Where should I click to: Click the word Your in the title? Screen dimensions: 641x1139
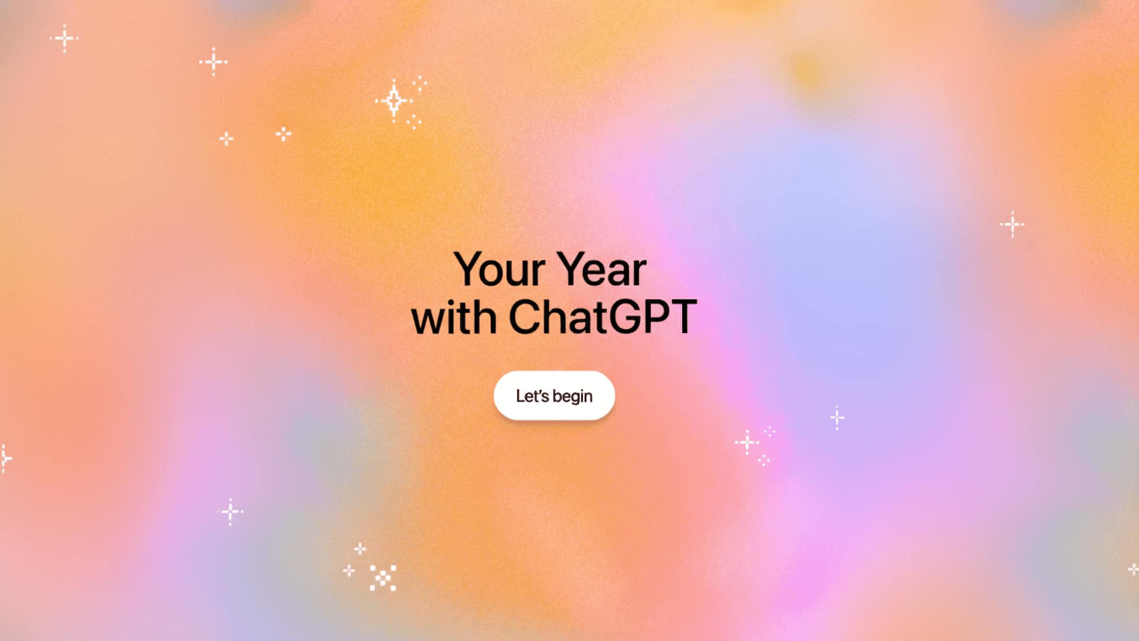coord(499,269)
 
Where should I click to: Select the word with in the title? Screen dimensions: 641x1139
coord(454,318)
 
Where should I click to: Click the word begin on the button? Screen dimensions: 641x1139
coord(572,396)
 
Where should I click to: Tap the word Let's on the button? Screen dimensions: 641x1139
coord(532,396)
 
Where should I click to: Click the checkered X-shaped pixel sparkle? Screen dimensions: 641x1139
coord(383,577)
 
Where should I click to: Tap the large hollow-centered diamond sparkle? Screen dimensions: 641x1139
coord(393,100)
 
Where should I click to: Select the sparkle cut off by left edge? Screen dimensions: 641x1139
coord(4,458)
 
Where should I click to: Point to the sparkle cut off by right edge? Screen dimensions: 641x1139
coord(1133,569)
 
